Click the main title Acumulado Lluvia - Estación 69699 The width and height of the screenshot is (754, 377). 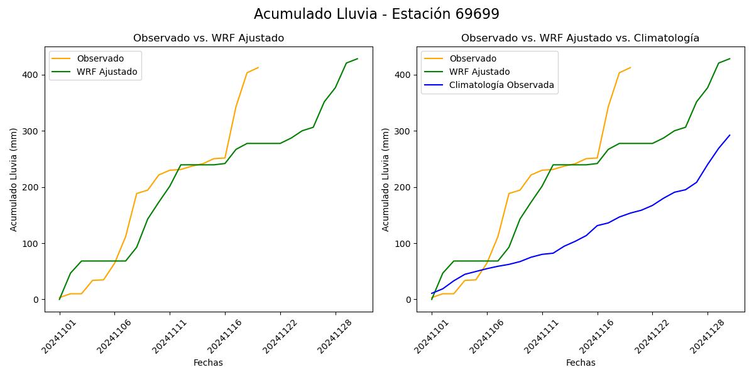click(376, 14)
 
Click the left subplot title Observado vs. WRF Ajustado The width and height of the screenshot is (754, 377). click(208, 38)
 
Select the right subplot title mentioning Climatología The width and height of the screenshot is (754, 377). click(580, 38)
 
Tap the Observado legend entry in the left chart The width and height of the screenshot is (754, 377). click(100, 58)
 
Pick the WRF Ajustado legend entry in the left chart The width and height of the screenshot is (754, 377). click(107, 72)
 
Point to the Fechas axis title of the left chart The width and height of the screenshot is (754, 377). click(208, 363)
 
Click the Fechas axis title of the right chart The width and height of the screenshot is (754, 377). click(580, 363)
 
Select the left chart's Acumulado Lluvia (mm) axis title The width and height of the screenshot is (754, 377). click(14, 179)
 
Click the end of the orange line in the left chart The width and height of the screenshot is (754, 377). click(258, 67)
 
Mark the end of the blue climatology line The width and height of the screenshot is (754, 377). click(729, 135)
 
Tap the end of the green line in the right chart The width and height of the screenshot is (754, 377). click(729, 59)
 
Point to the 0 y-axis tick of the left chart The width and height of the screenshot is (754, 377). click(36, 300)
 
